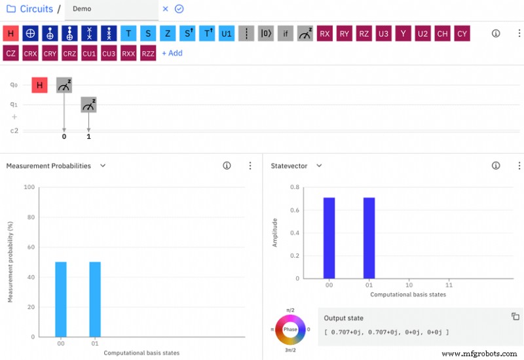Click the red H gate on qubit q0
39,85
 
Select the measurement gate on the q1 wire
88,104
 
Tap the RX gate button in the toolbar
324,33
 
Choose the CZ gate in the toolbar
10,53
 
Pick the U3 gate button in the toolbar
383,33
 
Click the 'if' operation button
285,33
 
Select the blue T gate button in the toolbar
128,33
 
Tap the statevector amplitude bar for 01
369,238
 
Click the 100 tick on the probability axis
29,187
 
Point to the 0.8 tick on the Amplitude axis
295,187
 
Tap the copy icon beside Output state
515,317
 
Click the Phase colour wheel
290,329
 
